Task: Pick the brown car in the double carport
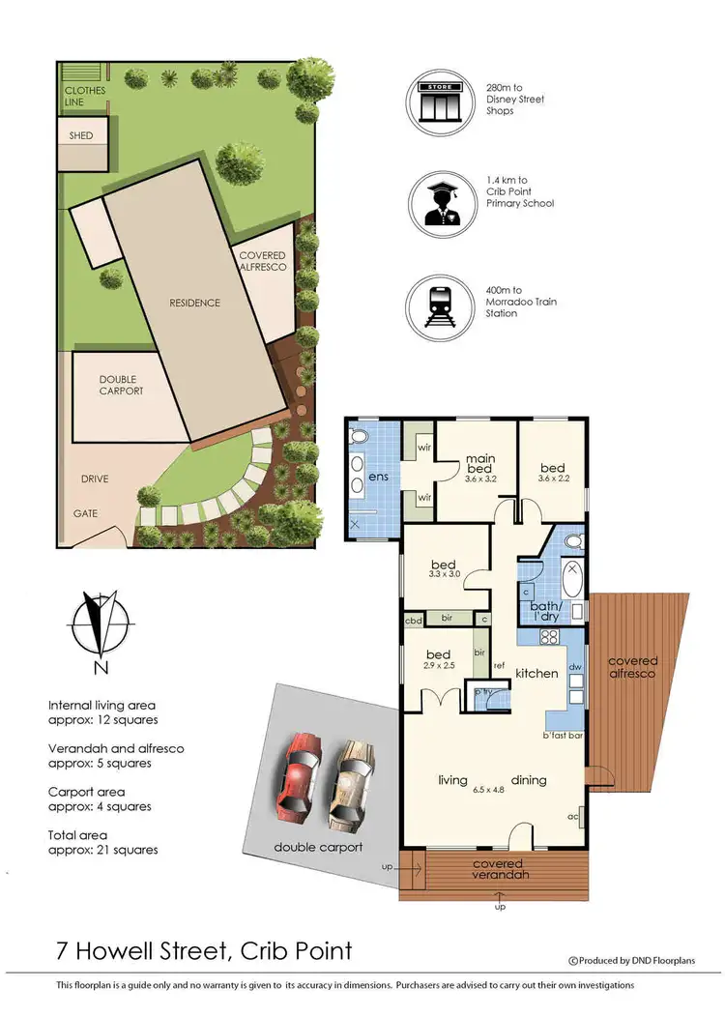pos(351,786)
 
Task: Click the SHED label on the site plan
pos(81,136)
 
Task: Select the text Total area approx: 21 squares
pos(103,842)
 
